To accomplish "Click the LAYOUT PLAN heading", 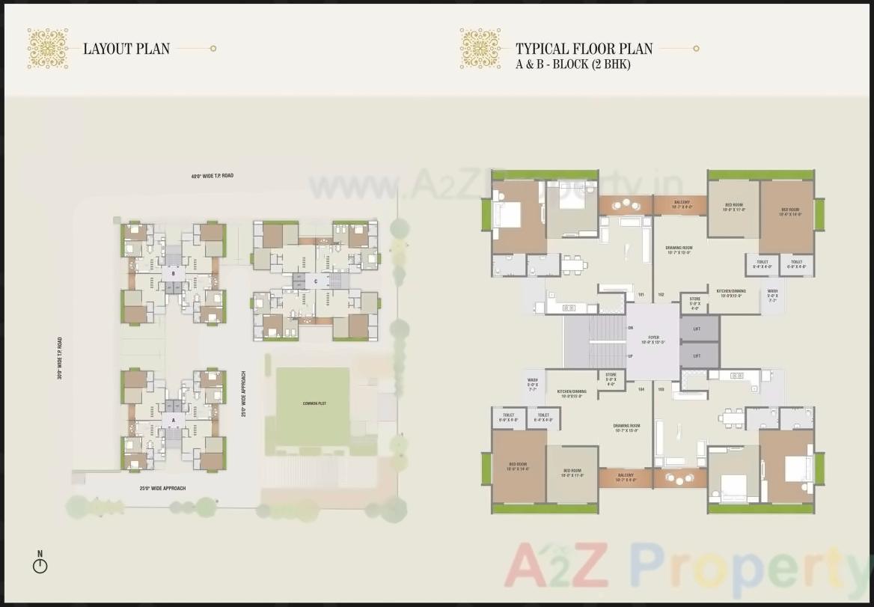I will coord(126,49).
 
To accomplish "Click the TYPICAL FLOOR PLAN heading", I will coord(584,49).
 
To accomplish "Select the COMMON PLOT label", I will coord(314,403).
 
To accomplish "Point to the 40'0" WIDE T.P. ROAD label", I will coord(212,176).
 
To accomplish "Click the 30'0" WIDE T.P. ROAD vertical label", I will coord(59,358).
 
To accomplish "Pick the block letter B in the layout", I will coord(173,274).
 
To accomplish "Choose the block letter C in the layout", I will coord(316,281).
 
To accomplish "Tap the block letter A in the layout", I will coord(173,421).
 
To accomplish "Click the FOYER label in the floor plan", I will coord(653,338).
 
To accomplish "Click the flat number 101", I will coord(641,295).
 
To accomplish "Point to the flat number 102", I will coord(661,295).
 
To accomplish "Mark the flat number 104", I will coord(641,389).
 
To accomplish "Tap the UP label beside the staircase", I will coord(630,356).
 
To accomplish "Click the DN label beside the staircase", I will coord(630,328).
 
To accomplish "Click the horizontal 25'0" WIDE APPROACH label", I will coord(162,488).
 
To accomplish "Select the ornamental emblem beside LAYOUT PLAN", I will coord(47,49).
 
